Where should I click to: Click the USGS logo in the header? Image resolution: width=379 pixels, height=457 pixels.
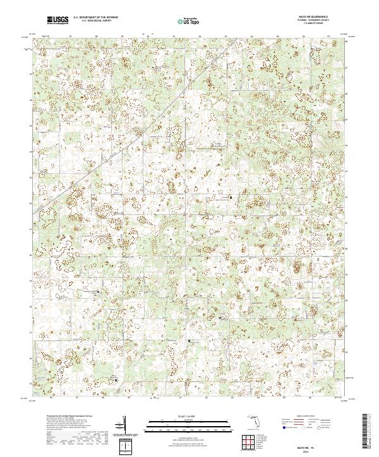58,21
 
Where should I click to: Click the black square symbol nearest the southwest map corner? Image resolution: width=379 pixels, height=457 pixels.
115,379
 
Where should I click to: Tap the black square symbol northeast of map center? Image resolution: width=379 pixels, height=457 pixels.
231,197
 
